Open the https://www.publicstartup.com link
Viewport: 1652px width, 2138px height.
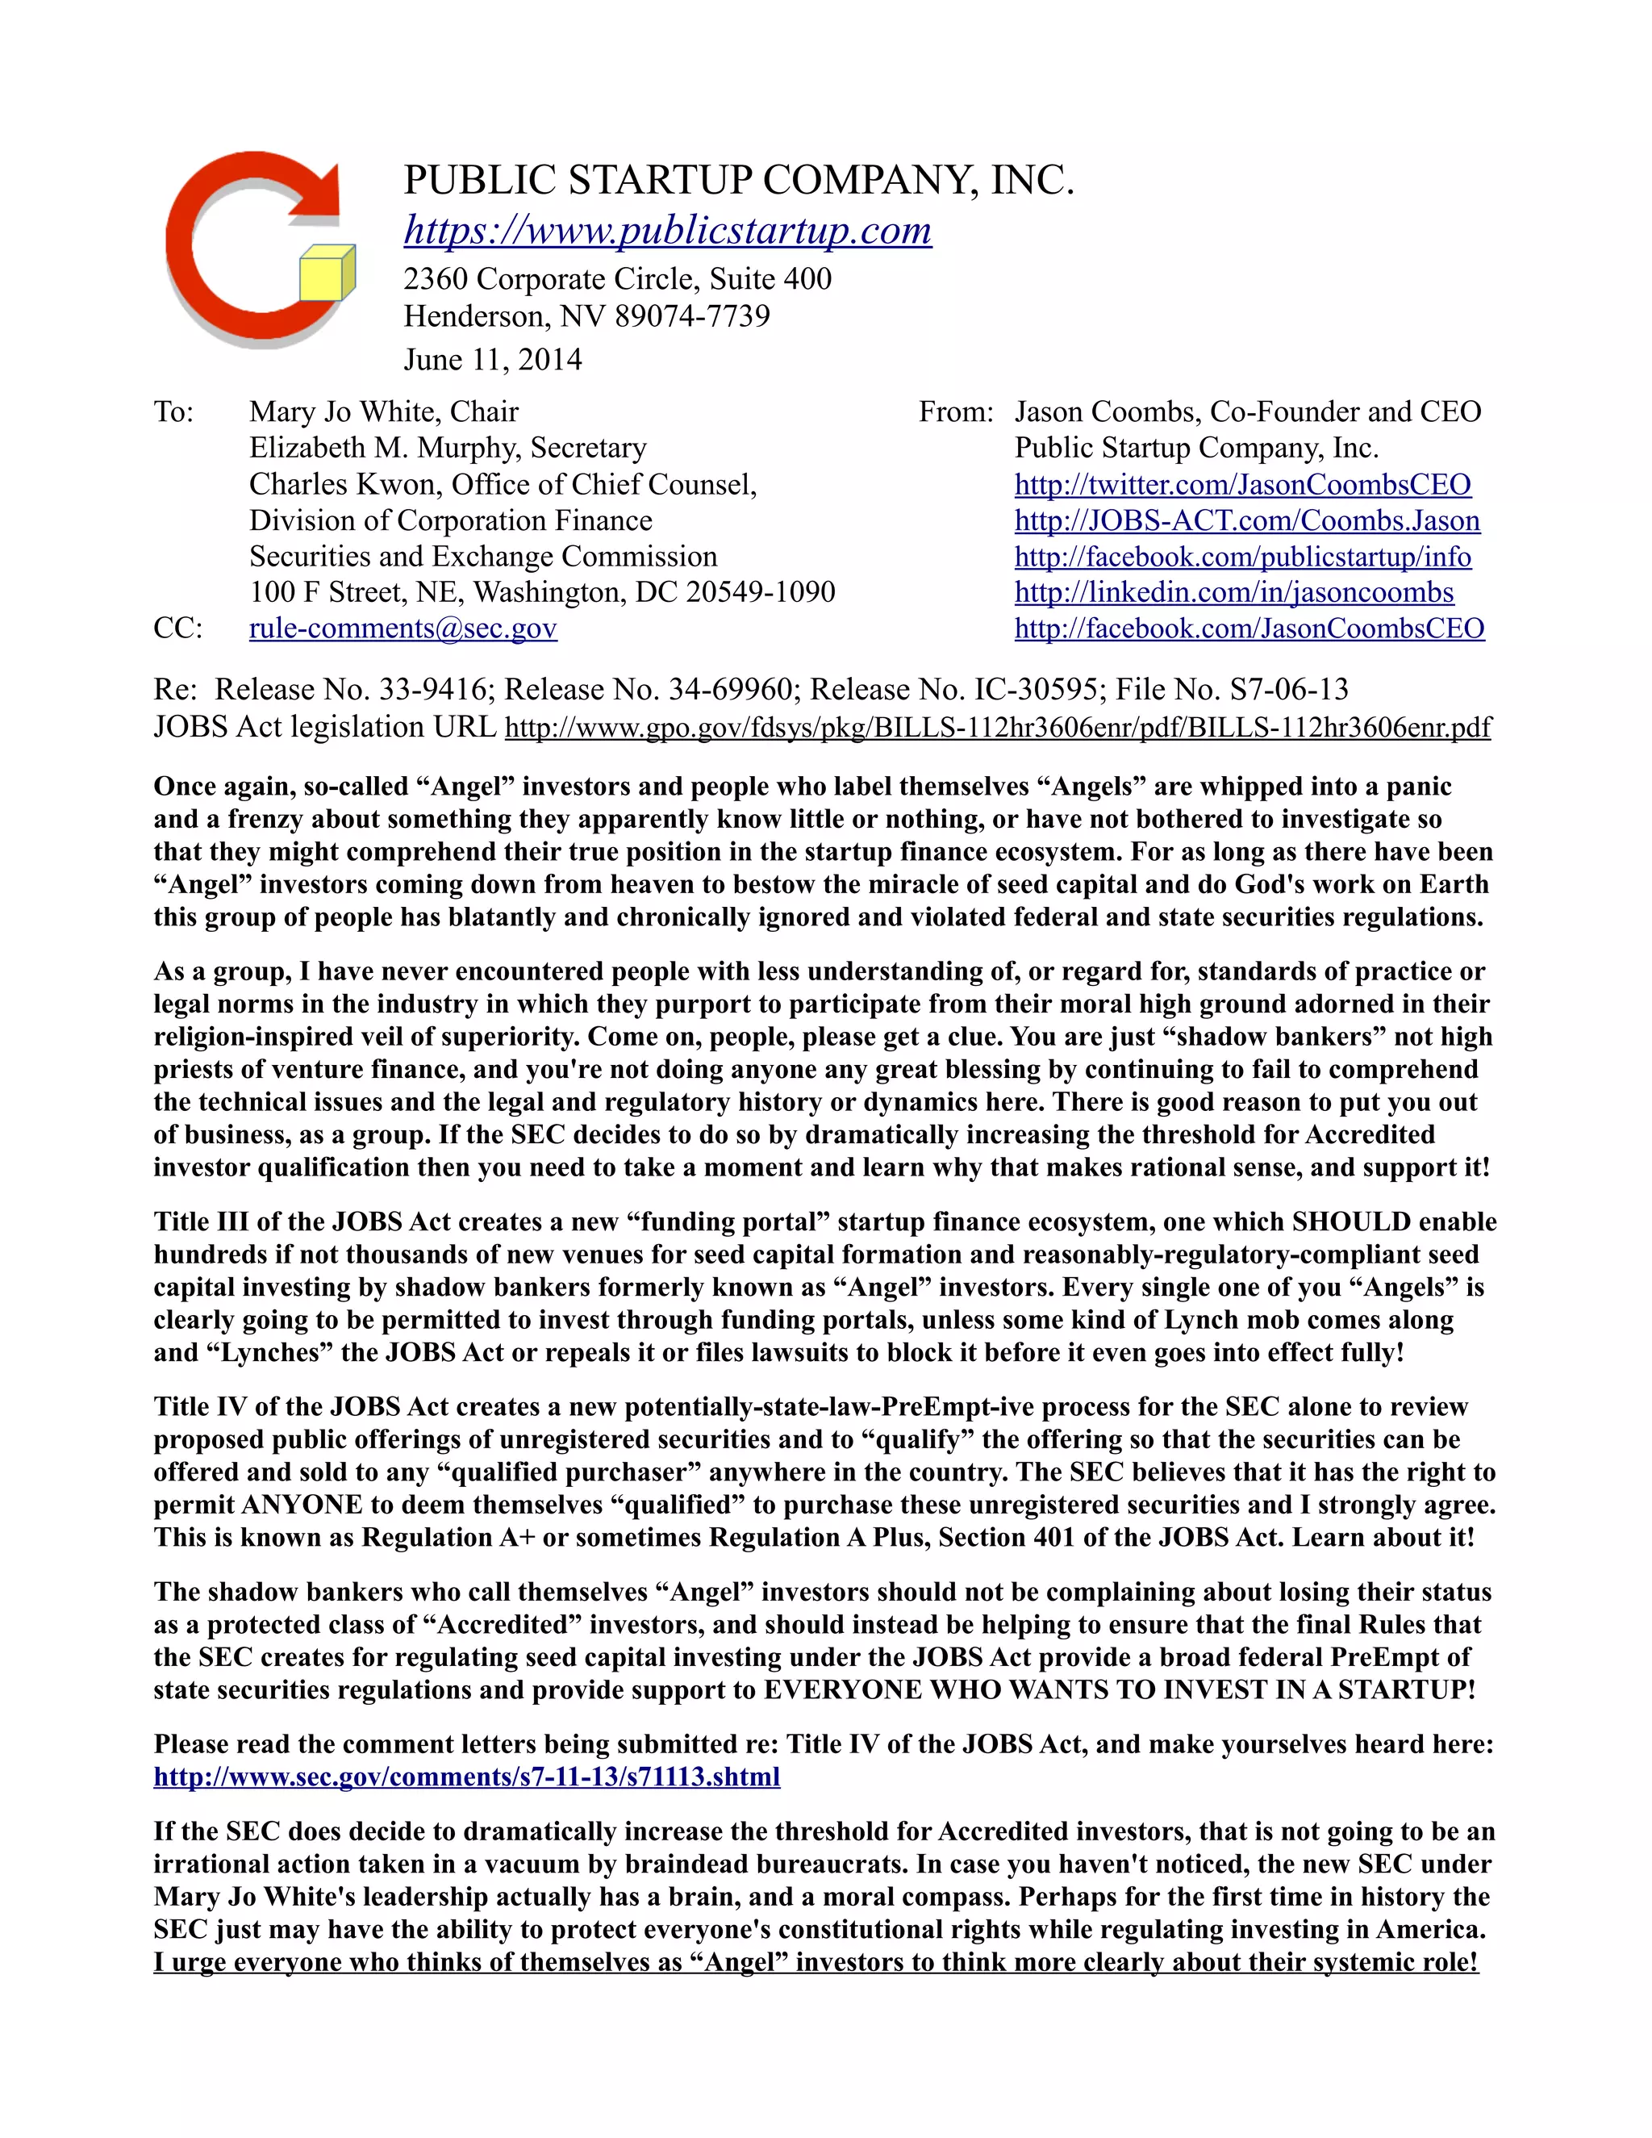point(667,230)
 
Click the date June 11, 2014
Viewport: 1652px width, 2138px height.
point(492,359)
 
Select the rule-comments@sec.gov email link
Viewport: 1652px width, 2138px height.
point(403,628)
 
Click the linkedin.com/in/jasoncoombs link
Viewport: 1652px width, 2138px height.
point(1233,592)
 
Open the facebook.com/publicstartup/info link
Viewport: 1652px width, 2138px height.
point(1242,556)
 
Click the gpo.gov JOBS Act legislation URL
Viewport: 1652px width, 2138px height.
point(997,728)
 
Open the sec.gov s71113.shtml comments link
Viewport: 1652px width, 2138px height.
point(467,1776)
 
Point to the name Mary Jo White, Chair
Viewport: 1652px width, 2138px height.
point(384,411)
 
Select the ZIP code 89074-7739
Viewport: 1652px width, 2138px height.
point(692,316)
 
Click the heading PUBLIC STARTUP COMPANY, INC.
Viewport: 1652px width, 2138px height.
point(739,180)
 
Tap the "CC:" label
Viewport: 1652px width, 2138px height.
point(178,628)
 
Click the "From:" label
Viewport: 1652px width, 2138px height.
point(955,411)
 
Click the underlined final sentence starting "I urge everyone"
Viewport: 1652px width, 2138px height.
point(816,1962)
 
